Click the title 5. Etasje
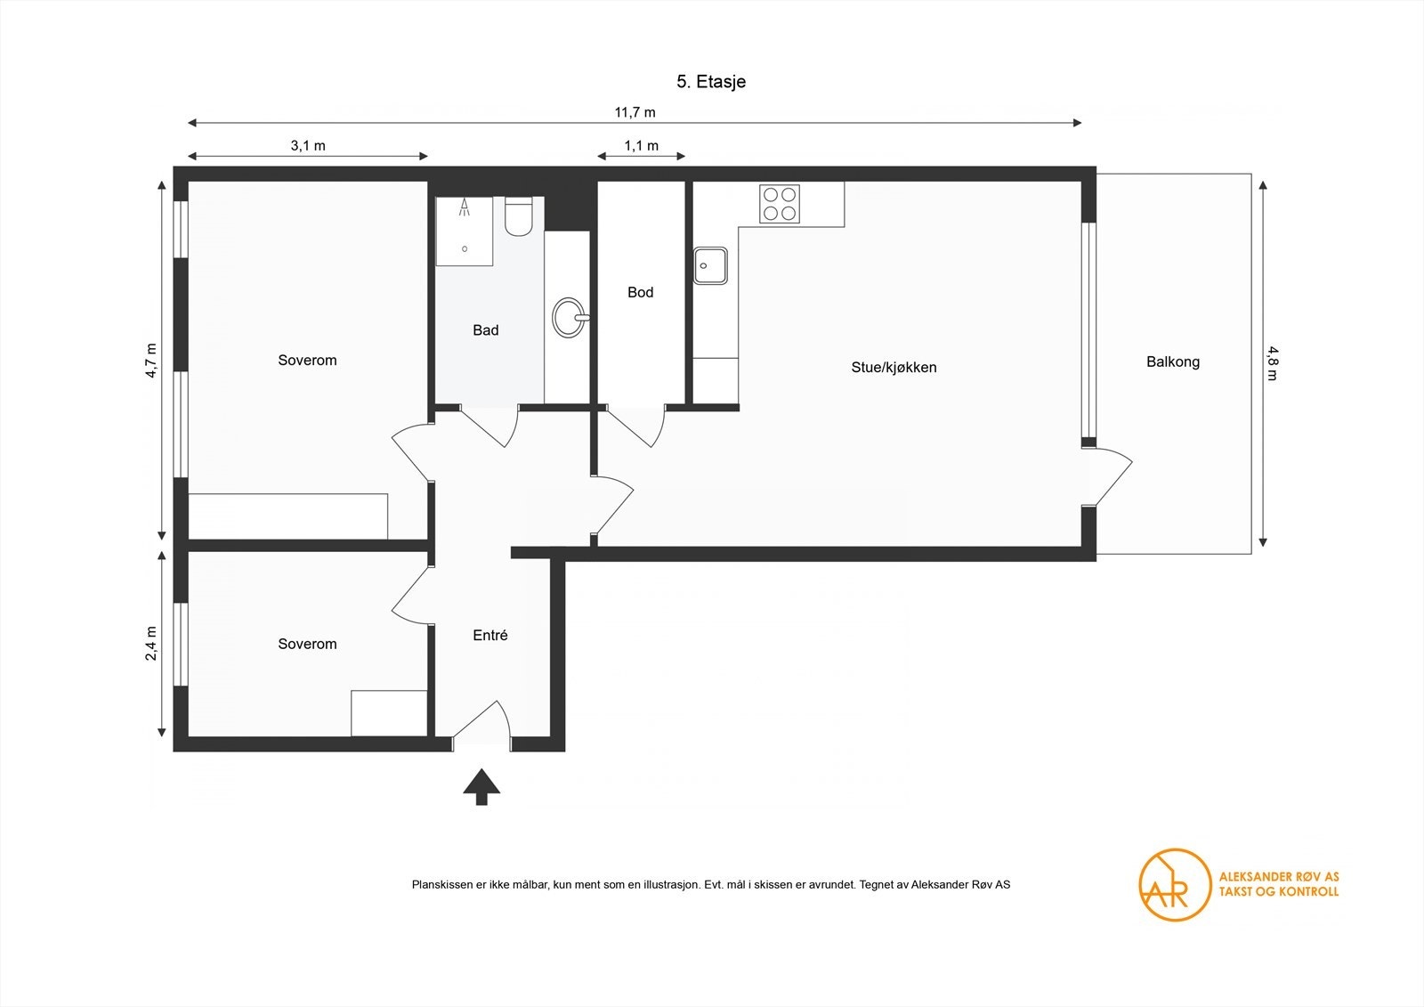[x=710, y=82]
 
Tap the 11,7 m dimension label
[x=635, y=112]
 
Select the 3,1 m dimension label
[x=308, y=146]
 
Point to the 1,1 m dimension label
[x=641, y=146]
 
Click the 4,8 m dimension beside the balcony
[x=1272, y=362]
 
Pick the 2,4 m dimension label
[x=151, y=643]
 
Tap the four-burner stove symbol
[x=779, y=204]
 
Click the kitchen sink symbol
[x=710, y=265]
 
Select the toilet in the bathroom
[x=518, y=216]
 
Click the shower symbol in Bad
[x=464, y=231]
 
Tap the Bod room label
[x=640, y=292]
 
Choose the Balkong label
[x=1172, y=362]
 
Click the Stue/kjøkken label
[x=894, y=367]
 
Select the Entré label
[x=490, y=636]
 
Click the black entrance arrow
[x=481, y=786]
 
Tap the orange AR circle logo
[x=1175, y=884]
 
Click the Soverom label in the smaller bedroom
[x=307, y=644]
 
